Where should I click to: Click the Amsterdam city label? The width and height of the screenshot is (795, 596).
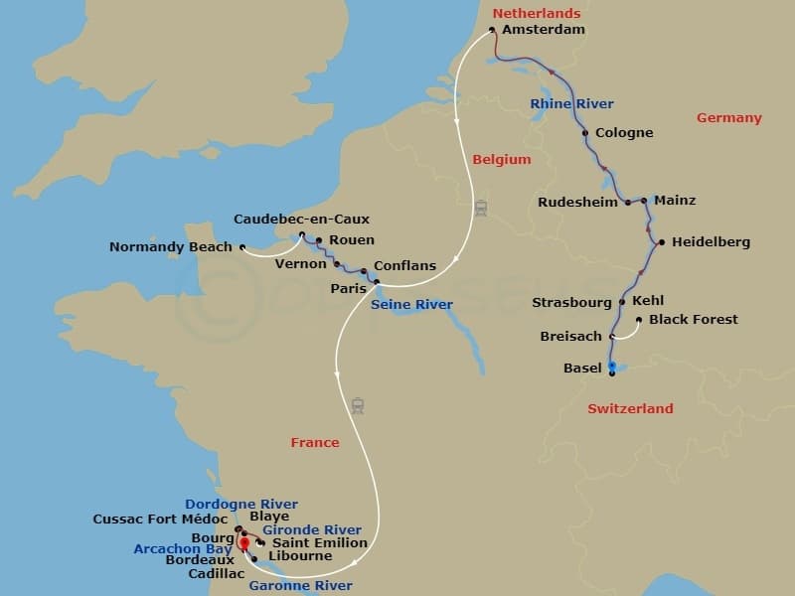pyautogui.click(x=544, y=30)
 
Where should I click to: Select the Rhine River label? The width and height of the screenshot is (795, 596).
pyautogui.click(x=571, y=103)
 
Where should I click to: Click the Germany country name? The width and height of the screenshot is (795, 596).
pyautogui.click(x=728, y=117)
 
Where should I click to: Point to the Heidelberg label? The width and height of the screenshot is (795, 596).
pyautogui.click(x=711, y=241)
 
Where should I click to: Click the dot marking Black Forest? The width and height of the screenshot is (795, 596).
pyautogui.click(x=638, y=320)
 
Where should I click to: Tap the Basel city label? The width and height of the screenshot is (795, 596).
pyautogui.click(x=582, y=368)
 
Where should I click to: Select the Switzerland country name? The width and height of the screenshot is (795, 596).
pyautogui.click(x=630, y=408)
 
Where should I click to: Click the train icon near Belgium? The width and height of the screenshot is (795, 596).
pyautogui.click(x=481, y=209)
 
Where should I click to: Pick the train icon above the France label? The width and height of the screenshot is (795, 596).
pyautogui.click(x=358, y=405)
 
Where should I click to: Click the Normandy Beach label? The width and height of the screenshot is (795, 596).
pyautogui.click(x=170, y=246)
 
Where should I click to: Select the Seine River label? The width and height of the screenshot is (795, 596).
pyautogui.click(x=411, y=305)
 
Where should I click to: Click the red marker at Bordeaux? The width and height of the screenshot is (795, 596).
pyautogui.click(x=243, y=542)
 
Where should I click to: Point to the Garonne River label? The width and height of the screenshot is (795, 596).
pyautogui.click(x=300, y=586)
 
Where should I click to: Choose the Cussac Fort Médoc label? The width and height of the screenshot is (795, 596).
pyautogui.click(x=160, y=519)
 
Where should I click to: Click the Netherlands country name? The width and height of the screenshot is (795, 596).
pyautogui.click(x=537, y=13)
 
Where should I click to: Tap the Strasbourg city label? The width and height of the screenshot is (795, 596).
pyautogui.click(x=571, y=301)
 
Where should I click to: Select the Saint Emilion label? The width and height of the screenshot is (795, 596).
pyautogui.click(x=319, y=542)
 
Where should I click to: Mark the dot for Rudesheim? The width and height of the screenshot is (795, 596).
pyautogui.click(x=627, y=203)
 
